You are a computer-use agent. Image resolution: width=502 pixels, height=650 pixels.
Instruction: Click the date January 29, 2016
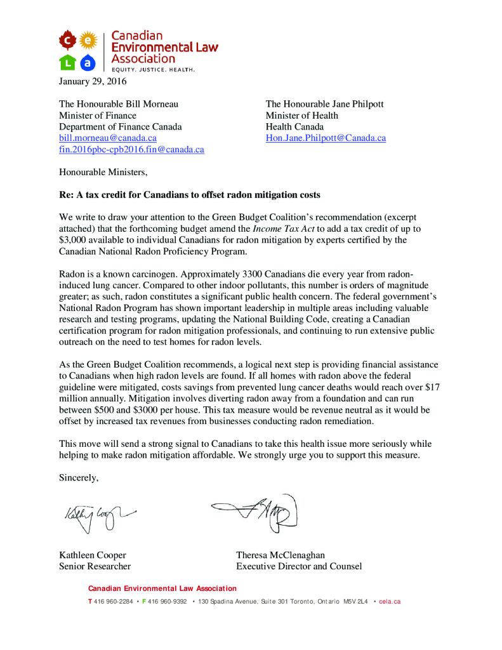93,81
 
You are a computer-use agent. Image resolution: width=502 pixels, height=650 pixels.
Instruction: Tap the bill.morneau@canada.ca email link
108,138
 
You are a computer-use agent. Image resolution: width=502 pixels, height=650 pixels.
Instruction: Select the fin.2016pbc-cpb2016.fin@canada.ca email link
131,150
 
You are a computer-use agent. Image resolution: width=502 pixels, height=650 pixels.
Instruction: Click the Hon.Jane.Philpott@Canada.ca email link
326,138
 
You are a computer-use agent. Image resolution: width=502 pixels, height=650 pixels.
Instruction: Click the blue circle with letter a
88,62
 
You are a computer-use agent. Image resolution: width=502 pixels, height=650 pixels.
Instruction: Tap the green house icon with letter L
68,62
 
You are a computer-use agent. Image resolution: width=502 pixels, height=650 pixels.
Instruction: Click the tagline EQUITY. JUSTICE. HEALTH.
153,69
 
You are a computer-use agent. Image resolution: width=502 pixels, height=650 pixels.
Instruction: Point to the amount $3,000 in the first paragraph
75,240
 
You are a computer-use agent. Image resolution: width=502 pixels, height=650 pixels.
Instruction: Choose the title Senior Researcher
95,566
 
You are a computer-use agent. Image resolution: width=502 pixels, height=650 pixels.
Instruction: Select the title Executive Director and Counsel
299,566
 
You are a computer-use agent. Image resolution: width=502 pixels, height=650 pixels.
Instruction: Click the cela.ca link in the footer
390,601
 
